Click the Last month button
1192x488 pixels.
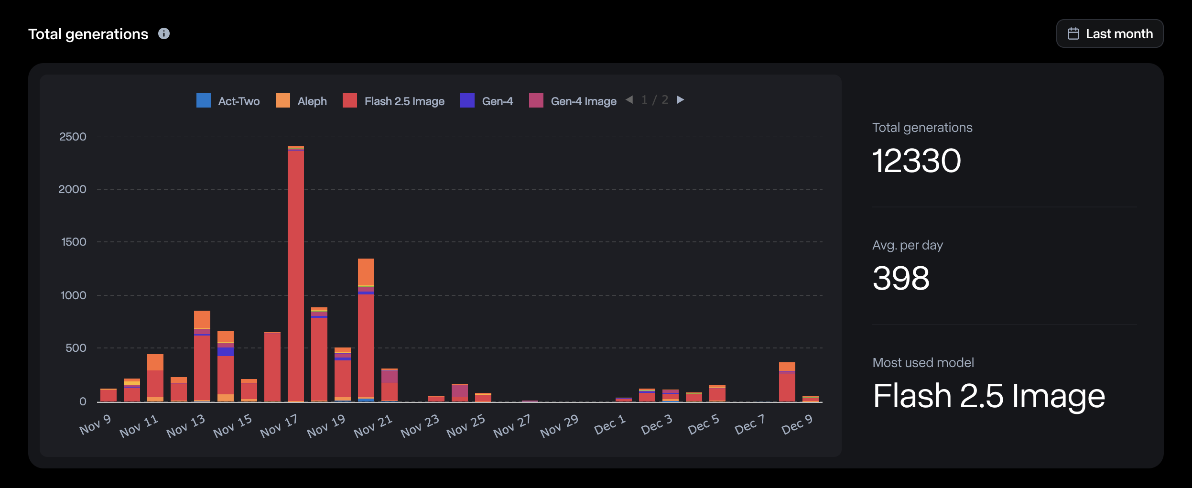[1109, 33]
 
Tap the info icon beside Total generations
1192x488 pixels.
[164, 33]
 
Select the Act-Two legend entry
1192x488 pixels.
[228, 101]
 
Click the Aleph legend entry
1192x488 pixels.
[302, 101]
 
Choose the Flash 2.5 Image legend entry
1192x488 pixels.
[394, 101]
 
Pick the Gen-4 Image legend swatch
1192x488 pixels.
[536, 100]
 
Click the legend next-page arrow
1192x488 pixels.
[681, 100]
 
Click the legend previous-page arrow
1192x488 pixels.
[629, 100]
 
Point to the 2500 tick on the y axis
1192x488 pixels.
[73, 137]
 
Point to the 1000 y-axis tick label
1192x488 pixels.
[73, 295]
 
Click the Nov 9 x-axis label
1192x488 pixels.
[95, 425]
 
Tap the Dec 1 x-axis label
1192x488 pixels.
[609, 425]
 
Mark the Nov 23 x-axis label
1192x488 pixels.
[420, 426]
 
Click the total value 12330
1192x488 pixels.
[916, 161]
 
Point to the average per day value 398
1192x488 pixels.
[901, 278]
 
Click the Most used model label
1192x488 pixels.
[923, 363]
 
